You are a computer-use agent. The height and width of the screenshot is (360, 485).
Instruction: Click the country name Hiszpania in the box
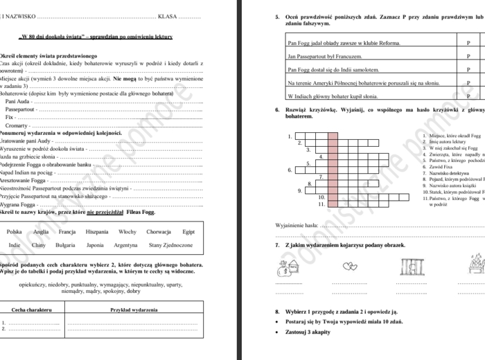coord(97,231)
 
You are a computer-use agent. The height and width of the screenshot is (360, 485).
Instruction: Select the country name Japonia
coord(95,245)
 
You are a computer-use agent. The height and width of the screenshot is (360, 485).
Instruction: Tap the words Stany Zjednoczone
coord(170,245)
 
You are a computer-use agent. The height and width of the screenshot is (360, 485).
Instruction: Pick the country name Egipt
coord(189,231)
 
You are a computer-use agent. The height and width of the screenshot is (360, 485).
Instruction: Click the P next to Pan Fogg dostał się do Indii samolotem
coord(468,69)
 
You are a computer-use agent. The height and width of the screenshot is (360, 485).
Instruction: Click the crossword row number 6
coord(290,170)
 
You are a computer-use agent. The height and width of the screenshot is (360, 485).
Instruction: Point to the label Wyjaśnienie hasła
coord(297,225)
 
